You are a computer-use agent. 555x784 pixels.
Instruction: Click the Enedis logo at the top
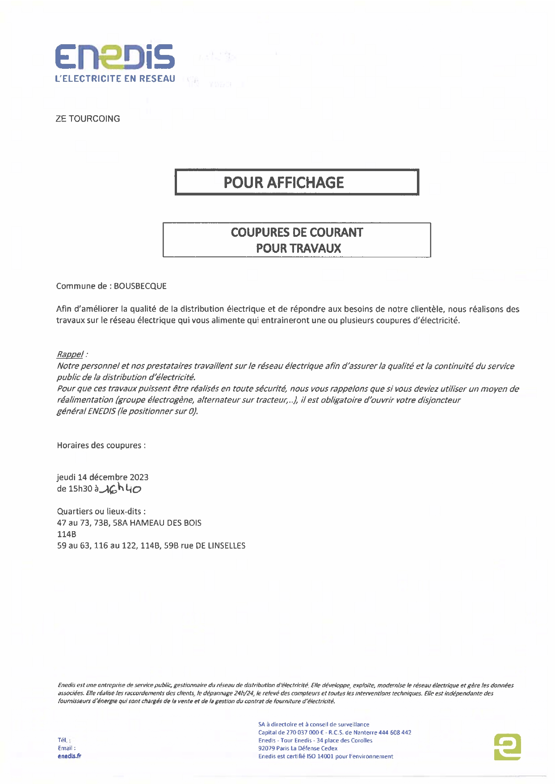114,57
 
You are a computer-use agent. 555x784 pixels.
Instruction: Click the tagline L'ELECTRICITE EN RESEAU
115,79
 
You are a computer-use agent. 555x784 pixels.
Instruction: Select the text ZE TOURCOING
88,119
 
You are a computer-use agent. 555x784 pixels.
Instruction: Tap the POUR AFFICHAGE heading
284,183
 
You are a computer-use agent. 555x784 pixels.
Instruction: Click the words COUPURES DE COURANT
297,233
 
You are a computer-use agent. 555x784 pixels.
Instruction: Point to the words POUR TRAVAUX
299,248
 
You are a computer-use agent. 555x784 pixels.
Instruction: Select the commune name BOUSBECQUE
140,286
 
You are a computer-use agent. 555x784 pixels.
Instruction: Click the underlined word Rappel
70,354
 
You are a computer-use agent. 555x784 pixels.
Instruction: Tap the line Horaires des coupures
101,445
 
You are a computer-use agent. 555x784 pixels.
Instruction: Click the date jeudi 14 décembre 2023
103,477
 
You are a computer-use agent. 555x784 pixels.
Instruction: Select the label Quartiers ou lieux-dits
101,511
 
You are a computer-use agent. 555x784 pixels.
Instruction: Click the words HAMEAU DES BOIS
165,523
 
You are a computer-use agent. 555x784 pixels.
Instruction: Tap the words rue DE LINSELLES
213,546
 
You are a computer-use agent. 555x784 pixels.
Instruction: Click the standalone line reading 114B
67,534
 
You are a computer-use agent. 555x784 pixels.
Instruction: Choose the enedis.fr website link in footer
69,756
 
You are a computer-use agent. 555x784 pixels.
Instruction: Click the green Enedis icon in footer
507,746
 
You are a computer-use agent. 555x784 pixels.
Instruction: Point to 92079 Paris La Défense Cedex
298,748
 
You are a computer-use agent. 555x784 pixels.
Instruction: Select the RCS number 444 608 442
395,733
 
